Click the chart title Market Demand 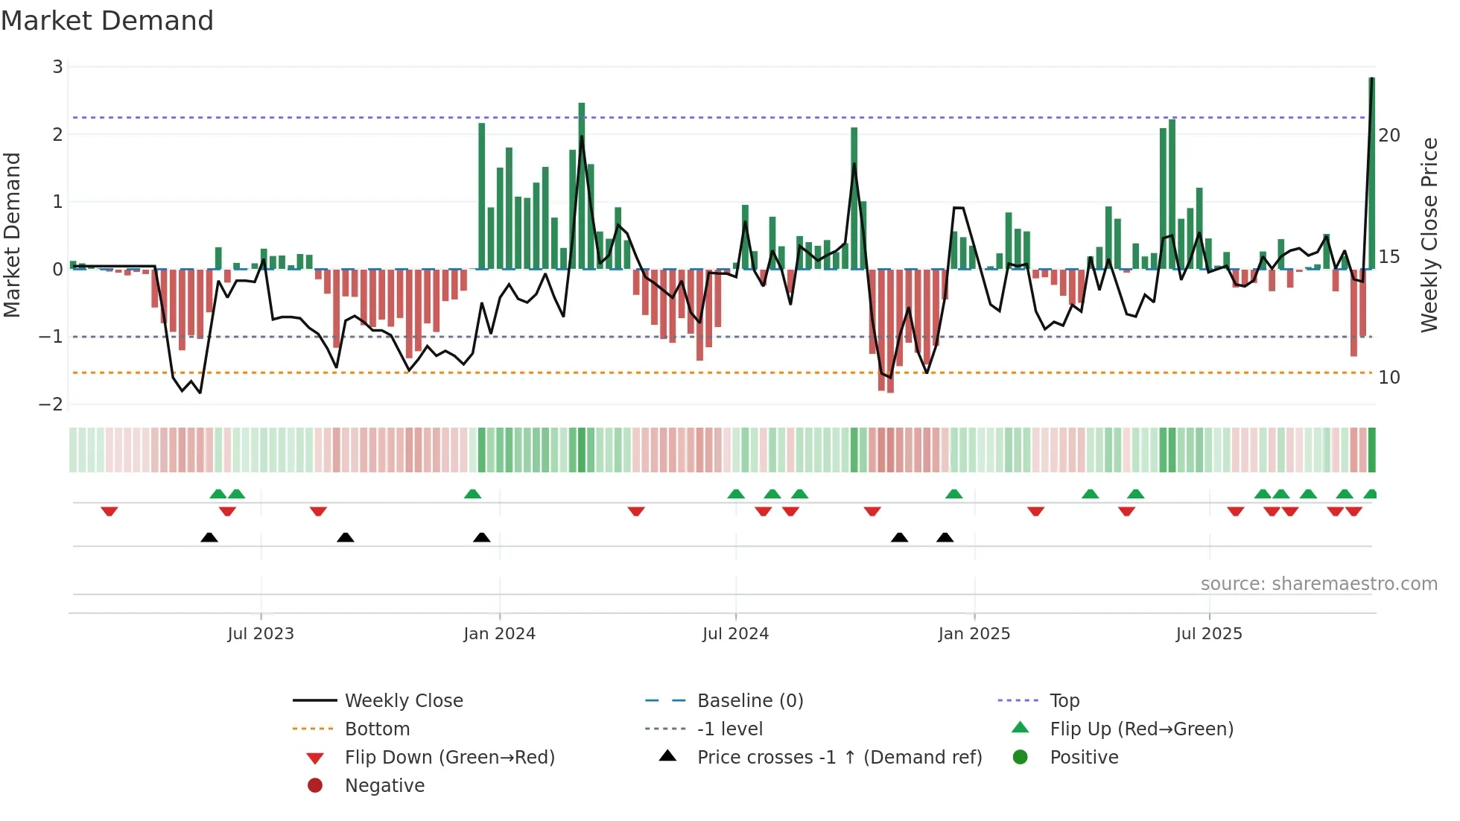tap(107, 20)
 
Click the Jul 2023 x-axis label tap(261, 634)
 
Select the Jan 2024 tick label tap(499, 634)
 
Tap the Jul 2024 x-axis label tap(735, 634)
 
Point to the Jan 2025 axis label tap(974, 634)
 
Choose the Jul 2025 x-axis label tap(1209, 634)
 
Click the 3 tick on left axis tap(57, 67)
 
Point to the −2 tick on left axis tap(51, 405)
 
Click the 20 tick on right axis tap(1389, 136)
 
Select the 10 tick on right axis tap(1389, 378)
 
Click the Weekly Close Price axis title tap(1429, 235)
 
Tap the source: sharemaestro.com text tap(1318, 584)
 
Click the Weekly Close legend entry tap(403, 701)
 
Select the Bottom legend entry tap(377, 729)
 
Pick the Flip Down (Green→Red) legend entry tap(449, 758)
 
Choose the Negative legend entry tap(384, 786)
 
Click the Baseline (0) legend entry tap(749, 701)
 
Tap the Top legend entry tap(1064, 701)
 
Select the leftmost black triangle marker tap(209, 537)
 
